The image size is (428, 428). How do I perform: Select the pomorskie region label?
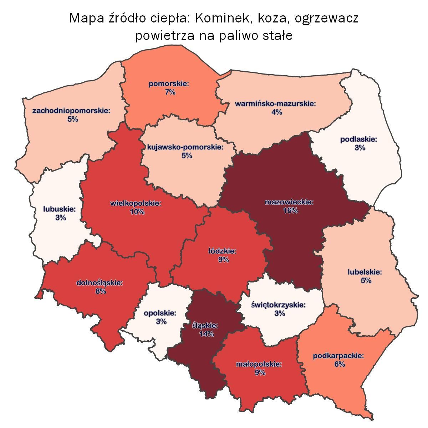(x=169, y=84)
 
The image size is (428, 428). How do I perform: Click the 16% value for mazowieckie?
(x=289, y=210)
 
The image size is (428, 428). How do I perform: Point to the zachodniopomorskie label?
(x=71, y=111)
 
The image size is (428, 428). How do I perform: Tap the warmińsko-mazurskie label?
(x=276, y=104)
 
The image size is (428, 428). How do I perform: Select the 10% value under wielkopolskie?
(x=137, y=212)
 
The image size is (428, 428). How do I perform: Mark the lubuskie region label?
(x=60, y=209)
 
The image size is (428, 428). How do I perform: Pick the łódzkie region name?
(x=222, y=251)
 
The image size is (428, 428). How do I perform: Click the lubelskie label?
(x=365, y=272)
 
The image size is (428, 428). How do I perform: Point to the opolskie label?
(x=160, y=313)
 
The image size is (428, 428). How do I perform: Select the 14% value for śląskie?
(x=207, y=334)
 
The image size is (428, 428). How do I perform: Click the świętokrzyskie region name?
(x=279, y=305)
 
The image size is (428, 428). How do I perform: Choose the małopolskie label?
(x=259, y=365)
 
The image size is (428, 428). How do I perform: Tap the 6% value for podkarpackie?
(x=339, y=364)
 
